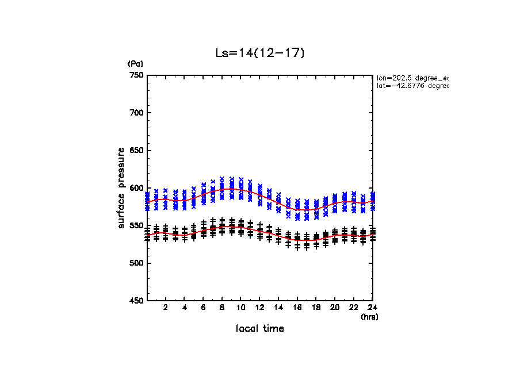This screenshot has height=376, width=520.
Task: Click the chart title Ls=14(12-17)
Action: [x=259, y=53]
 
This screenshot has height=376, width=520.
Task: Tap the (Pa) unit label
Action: [x=135, y=64]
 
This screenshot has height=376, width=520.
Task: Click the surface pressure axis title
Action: [x=121, y=187]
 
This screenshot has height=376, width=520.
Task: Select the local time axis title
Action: [x=259, y=329]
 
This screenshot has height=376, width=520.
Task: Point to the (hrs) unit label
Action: [x=369, y=317]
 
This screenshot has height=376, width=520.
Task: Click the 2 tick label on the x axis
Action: [x=166, y=308]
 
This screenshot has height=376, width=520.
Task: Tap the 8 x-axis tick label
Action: [x=222, y=308]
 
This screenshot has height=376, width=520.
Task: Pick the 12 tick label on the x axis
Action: [x=259, y=308]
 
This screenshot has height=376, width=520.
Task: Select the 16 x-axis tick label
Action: [x=297, y=308]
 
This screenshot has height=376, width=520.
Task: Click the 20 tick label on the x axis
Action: [x=335, y=308]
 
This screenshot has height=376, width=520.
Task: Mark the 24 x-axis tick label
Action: [x=372, y=308]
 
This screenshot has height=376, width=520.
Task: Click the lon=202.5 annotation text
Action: [x=412, y=77]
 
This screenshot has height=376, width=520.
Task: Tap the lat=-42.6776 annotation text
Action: [x=412, y=86]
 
